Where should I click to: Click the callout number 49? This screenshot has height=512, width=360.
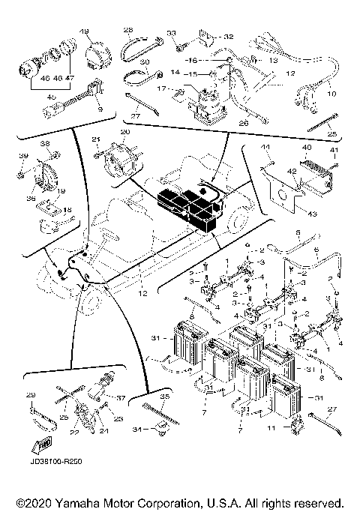click(83, 30)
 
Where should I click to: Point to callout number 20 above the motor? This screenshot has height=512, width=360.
click(124, 130)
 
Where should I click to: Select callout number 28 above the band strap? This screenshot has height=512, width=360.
click(127, 30)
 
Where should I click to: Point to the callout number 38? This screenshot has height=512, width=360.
click(44, 143)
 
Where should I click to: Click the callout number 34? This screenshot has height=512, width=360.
click(136, 430)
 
